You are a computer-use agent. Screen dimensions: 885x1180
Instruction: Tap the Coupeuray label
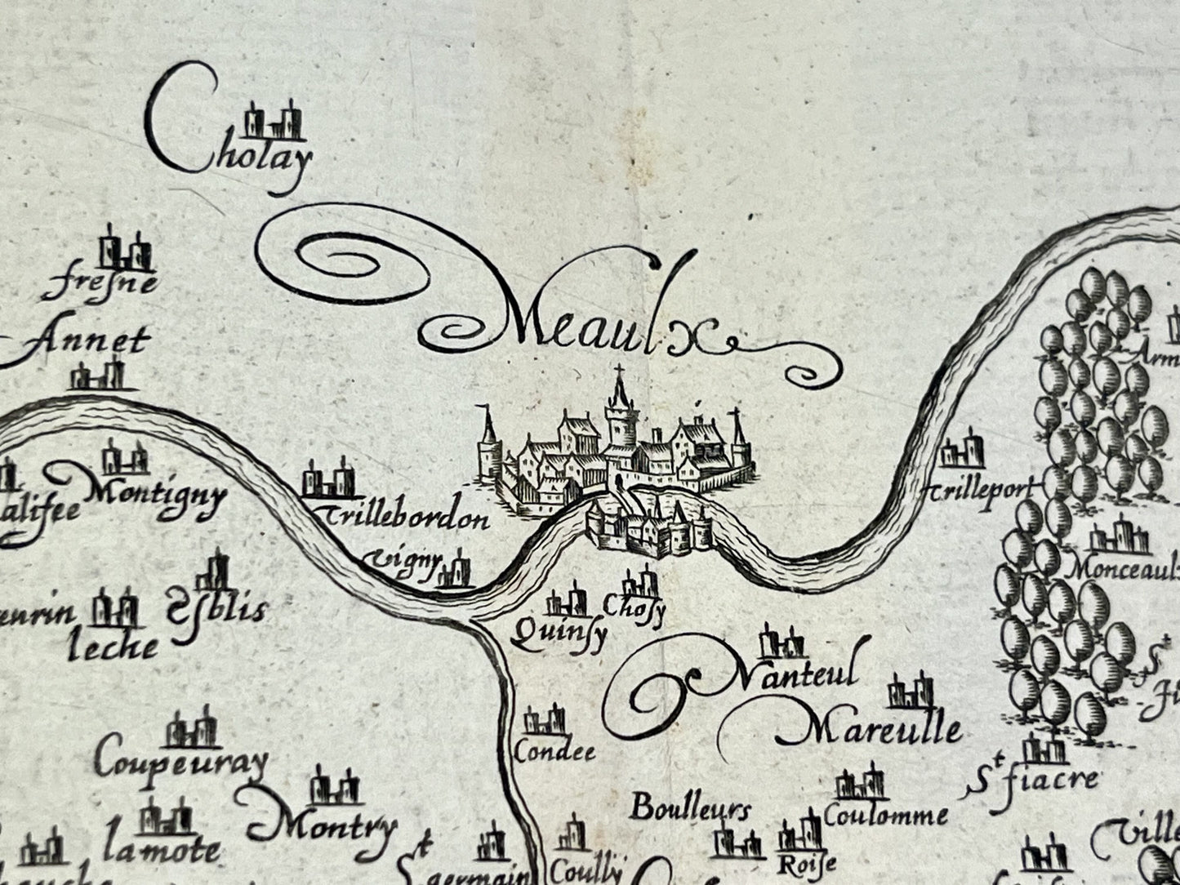180,763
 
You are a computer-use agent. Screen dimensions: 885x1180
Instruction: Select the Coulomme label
886,813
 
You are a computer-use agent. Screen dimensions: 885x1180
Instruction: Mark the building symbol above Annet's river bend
97,375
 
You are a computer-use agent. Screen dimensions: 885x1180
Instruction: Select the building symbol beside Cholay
274,122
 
